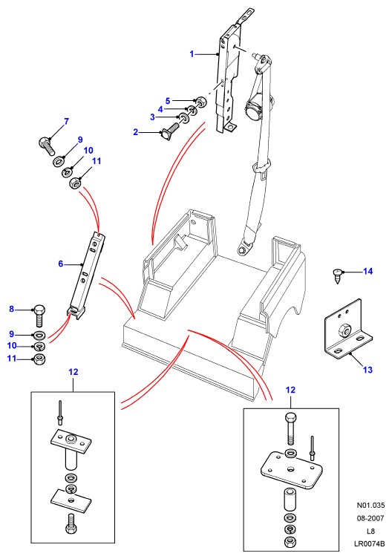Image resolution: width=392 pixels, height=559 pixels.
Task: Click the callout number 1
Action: tap(192, 54)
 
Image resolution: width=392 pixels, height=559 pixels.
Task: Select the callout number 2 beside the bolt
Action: tap(136, 132)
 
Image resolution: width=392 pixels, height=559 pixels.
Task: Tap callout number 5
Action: tap(168, 101)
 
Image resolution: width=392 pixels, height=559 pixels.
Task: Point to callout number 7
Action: tap(66, 122)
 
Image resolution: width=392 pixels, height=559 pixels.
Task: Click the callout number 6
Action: tap(61, 264)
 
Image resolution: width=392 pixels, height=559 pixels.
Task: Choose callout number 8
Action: tap(11, 309)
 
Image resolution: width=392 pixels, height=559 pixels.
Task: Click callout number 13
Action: tap(367, 370)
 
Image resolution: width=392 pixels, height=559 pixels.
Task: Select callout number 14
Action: tap(367, 272)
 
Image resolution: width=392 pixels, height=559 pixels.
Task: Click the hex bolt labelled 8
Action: tap(39, 316)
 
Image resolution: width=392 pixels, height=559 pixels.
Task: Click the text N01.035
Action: tap(371, 505)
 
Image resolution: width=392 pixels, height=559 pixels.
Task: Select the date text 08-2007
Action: tap(371, 518)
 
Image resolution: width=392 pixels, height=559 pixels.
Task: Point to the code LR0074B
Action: tap(370, 543)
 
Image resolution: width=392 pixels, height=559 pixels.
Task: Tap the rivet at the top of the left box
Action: tap(60, 413)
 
